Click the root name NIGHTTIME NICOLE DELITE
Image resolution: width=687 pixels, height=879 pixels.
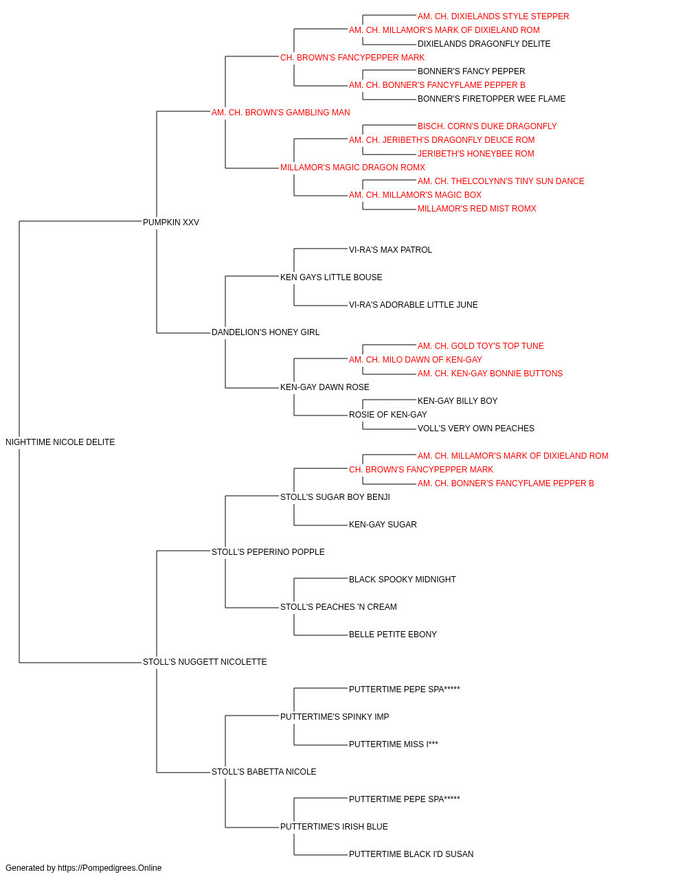pyautogui.click(x=60, y=442)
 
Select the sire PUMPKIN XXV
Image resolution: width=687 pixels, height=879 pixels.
pyautogui.click(x=171, y=222)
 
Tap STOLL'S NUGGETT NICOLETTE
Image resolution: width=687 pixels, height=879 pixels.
pyautogui.click(x=205, y=662)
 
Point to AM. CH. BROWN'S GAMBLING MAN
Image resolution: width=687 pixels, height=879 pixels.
pyautogui.click(x=281, y=113)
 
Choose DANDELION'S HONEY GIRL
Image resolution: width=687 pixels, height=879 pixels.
pyautogui.click(x=265, y=332)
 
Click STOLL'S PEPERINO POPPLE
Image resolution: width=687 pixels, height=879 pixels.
pyautogui.click(x=268, y=551)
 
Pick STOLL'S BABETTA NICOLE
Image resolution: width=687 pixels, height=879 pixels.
pyautogui.click(x=264, y=771)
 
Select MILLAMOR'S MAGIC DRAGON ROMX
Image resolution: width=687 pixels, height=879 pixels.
pyautogui.click(x=353, y=168)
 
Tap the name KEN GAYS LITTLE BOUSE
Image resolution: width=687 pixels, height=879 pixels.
pyautogui.click(x=331, y=277)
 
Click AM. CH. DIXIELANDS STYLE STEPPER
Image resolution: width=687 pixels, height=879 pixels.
pyautogui.click(x=493, y=16)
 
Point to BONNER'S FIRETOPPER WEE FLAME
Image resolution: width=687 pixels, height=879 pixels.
pyautogui.click(x=492, y=99)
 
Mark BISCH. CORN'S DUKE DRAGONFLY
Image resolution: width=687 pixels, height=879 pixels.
pyautogui.click(x=487, y=126)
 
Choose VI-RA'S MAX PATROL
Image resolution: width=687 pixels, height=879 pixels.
pyautogui.click(x=390, y=250)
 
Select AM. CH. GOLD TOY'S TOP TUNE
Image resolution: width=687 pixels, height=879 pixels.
pyautogui.click(x=481, y=346)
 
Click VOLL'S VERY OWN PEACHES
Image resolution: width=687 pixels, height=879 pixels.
pyautogui.click(x=476, y=429)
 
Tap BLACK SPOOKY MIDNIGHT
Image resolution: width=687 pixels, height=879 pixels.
pyautogui.click(x=403, y=580)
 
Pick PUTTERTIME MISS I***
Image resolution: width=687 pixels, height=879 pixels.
pyautogui.click(x=394, y=744)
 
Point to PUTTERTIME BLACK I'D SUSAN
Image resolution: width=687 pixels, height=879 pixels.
pyautogui.click(x=411, y=854)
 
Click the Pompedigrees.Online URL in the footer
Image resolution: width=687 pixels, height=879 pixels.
pyautogui.click(x=110, y=868)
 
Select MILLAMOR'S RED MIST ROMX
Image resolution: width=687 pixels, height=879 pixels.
pyautogui.click(x=477, y=209)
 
